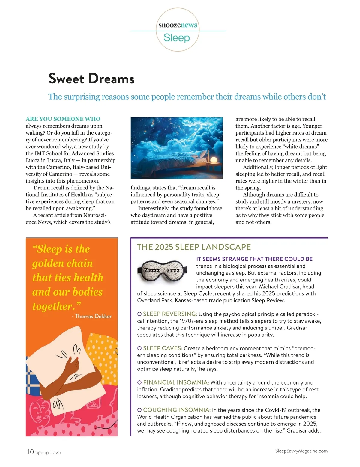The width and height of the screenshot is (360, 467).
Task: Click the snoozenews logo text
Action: tap(178, 25)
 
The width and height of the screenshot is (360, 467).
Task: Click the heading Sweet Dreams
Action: tap(91, 79)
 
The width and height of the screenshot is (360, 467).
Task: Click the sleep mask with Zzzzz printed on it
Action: tap(162, 271)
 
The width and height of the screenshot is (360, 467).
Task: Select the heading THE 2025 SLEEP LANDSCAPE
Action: tap(194, 247)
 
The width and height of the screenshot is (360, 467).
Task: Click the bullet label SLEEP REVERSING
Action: tap(170, 314)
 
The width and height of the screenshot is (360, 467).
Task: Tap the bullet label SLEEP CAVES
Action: tap(163, 348)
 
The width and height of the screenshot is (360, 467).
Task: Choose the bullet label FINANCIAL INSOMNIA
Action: tap(176, 382)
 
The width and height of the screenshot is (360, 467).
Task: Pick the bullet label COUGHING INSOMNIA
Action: tap(177, 410)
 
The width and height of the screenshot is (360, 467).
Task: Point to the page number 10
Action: tap(30, 452)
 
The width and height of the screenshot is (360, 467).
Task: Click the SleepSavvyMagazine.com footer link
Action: tap(301, 451)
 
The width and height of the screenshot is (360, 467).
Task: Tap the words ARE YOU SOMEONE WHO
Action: tap(63, 119)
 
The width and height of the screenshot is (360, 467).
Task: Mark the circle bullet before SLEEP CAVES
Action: tap(139, 348)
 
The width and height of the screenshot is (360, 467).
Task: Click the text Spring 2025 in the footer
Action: tap(48, 452)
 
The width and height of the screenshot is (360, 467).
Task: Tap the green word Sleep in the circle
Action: tap(177, 38)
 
